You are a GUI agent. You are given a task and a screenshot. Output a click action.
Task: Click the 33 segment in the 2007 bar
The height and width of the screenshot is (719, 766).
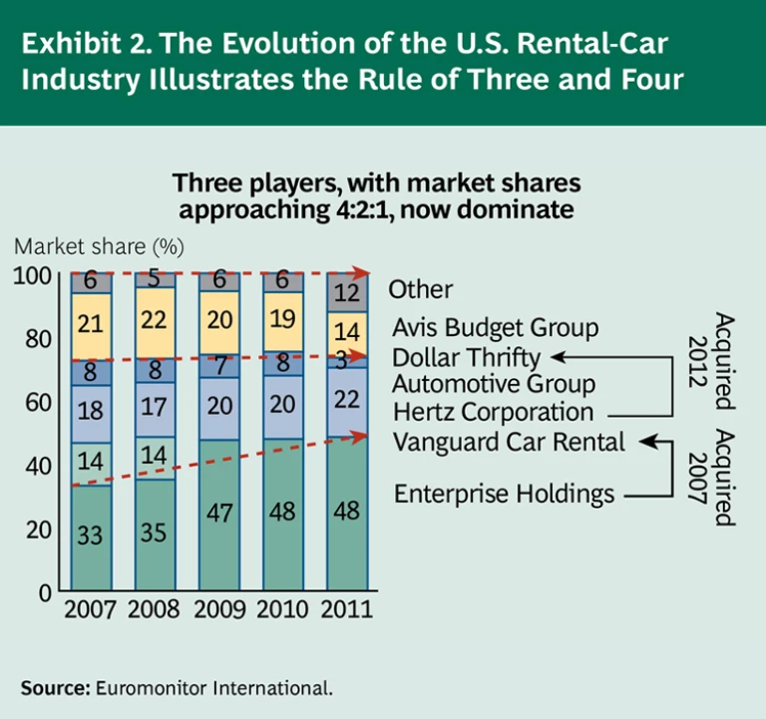pyautogui.click(x=91, y=537)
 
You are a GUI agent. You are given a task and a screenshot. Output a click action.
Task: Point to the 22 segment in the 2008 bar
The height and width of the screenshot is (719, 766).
pyautogui.click(x=155, y=323)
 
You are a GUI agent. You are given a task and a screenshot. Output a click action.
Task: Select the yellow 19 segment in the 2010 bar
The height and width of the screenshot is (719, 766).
pyautogui.click(x=281, y=321)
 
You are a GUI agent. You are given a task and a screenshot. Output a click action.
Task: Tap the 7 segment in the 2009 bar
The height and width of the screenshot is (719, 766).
pyautogui.click(x=217, y=365)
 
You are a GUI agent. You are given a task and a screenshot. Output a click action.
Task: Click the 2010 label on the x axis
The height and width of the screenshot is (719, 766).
pyautogui.click(x=282, y=609)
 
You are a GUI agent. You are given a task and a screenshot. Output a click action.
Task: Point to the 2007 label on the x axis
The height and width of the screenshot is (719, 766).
pyautogui.click(x=90, y=609)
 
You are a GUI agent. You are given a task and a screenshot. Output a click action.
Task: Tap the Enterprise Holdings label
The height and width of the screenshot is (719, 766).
pyautogui.click(x=504, y=493)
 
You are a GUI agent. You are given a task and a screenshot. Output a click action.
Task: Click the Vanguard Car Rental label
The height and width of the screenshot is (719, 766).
pyautogui.click(x=509, y=442)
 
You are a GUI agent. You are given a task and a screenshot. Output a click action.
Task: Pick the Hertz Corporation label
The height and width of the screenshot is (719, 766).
pyautogui.click(x=493, y=411)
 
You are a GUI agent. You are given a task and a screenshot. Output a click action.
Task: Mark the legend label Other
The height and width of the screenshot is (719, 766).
pyautogui.click(x=420, y=290)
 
